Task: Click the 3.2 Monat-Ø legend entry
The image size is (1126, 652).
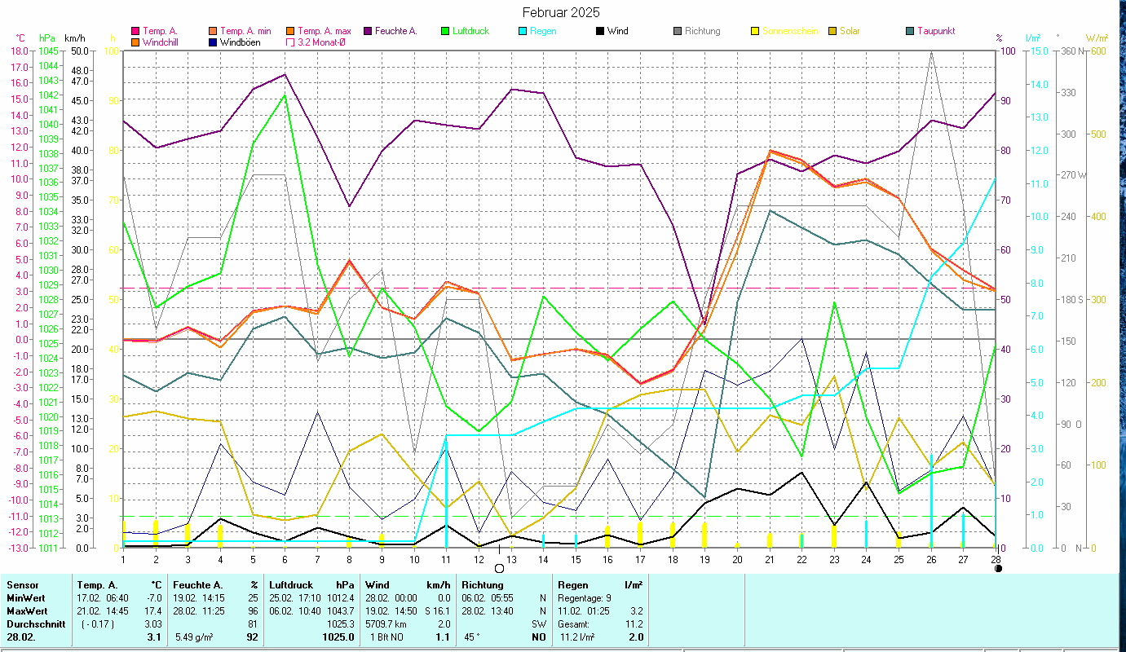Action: (x=318, y=42)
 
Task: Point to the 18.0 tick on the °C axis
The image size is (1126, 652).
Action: (x=19, y=51)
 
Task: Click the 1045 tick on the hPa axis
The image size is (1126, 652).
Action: (x=47, y=51)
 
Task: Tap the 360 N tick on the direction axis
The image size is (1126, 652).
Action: (x=1071, y=51)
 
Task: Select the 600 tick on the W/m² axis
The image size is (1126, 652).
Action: (x=1097, y=51)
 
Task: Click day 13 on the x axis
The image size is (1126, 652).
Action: (x=511, y=558)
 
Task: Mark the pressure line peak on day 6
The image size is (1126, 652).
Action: (x=285, y=95)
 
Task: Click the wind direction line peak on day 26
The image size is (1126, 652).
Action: (x=931, y=52)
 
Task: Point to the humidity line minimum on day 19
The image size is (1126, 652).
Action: (x=704, y=319)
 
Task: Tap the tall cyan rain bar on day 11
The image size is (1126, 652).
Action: (x=446, y=489)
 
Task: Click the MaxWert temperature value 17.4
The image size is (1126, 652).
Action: (x=152, y=610)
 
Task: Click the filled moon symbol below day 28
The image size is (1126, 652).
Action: (x=999, y=568)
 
